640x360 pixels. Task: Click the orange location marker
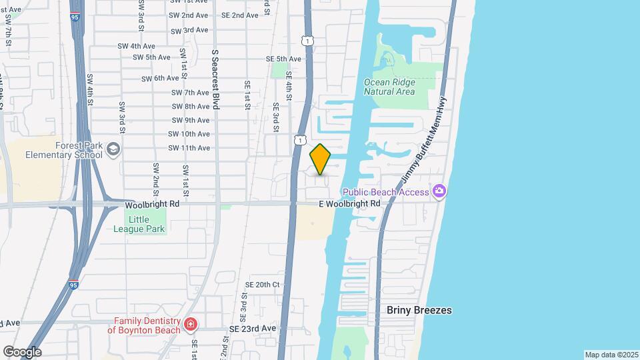(321, 159)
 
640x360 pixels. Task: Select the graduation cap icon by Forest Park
(113, 149)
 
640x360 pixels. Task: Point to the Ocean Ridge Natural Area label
(389, 87)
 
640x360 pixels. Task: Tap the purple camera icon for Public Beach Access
(439, 192)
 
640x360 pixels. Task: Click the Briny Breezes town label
(419, 310)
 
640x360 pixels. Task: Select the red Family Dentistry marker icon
(191, 325)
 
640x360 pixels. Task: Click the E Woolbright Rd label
(349, 203)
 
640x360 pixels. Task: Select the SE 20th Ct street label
(262, 284)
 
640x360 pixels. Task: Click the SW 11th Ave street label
(191, 148)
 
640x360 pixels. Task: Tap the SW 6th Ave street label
(161, 78)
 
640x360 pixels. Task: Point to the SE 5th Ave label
(285, 59)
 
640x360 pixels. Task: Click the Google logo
(22, 352)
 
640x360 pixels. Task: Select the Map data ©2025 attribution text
(611, 355)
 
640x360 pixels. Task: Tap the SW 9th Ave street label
(191, 120)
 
